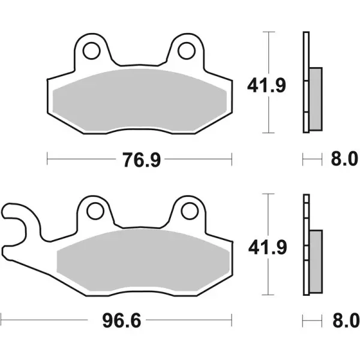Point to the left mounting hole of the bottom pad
tap(95, 211)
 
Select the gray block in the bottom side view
tap(314, 261)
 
